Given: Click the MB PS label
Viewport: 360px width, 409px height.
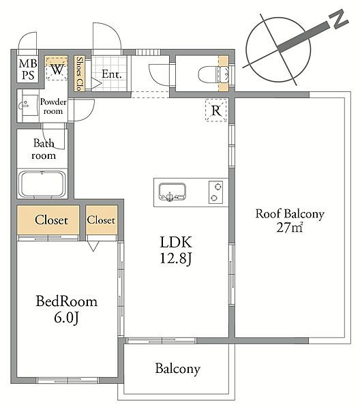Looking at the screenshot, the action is click(x=28, y=70).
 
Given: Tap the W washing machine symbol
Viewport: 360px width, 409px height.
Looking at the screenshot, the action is click(x=57, y=69).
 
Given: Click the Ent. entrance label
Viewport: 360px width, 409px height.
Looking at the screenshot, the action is click(x=111, y=74).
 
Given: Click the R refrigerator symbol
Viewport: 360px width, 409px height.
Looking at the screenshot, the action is click(x=216, y=110).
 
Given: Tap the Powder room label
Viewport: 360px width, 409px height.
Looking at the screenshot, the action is click(x=53, y=106).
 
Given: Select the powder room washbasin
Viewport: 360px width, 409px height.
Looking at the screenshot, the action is click(x=29, y=106).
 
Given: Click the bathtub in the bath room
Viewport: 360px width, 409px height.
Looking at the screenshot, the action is click(x=42, y=184).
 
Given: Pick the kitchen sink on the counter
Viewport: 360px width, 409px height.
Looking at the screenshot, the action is click(x=172, y=192).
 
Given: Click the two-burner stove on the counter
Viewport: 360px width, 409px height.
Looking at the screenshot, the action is click(x=215, y=192).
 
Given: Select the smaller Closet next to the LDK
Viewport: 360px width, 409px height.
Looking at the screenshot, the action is click(x=101, y=220).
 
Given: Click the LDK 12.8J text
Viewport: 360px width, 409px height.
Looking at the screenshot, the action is click(x=176, y=250).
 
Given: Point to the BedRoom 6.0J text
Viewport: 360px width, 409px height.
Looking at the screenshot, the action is click(x=67, y=309).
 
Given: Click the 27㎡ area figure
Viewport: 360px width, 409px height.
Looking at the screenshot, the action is click(x=290, y=227).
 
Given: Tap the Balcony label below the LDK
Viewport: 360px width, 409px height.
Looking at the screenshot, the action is click(x=178, y=369).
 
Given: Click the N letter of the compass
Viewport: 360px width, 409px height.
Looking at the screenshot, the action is click(x=338, y=19).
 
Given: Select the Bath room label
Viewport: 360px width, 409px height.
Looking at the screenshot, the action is click(x=44, y=149).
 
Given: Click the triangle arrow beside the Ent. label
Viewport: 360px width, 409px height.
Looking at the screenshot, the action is click(x=96, y=83).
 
